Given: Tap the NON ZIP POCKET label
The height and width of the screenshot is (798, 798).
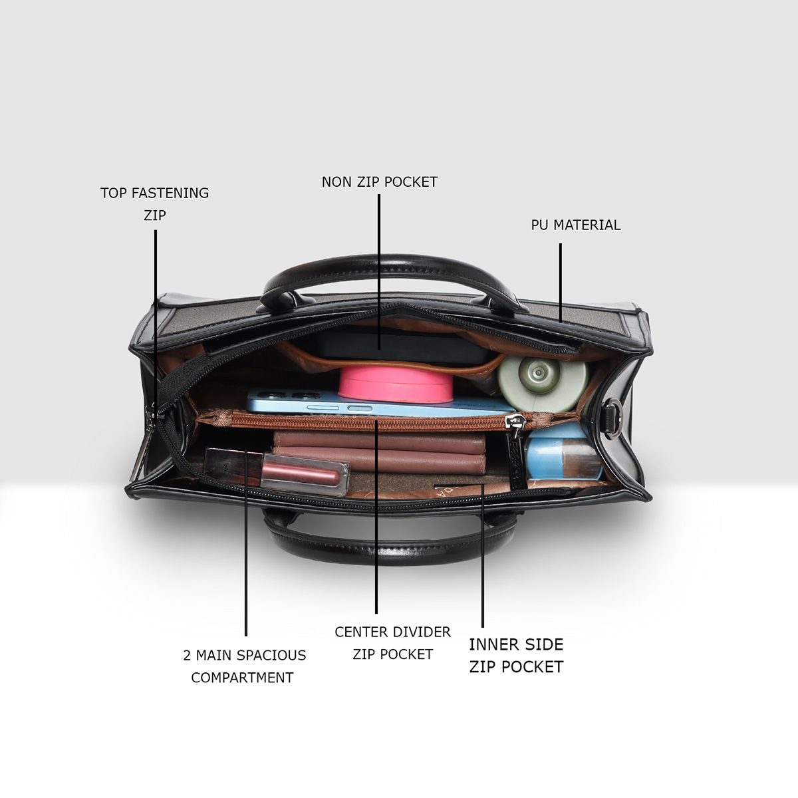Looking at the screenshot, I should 379,182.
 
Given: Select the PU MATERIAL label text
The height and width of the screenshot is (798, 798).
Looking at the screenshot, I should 575,225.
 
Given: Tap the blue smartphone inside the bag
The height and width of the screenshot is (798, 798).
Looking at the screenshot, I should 299,403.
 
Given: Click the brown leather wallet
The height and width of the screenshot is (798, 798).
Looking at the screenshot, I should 379,452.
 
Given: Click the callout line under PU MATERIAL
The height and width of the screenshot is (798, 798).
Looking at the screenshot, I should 560,282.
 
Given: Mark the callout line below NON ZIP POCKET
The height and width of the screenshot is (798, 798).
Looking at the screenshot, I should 379,266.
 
